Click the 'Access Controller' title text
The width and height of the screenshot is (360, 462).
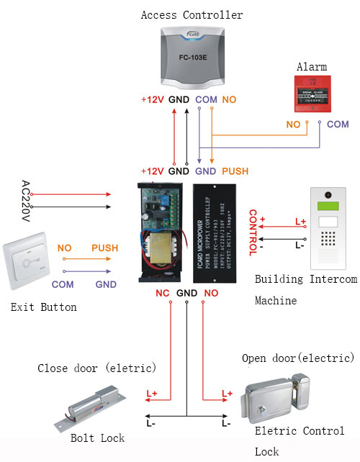(192, 14)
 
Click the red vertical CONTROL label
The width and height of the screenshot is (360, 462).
(253, 232)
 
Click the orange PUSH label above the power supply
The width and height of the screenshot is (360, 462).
(235, 171)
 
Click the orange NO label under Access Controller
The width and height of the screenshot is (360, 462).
(228, 99)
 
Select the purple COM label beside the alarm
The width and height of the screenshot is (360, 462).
(338, 124)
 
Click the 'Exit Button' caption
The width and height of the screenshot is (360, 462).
(44, 307)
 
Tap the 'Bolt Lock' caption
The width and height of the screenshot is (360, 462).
(98, 438)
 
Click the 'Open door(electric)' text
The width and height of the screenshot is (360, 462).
(298, 358)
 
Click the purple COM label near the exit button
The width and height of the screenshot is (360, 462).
(63, 284)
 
